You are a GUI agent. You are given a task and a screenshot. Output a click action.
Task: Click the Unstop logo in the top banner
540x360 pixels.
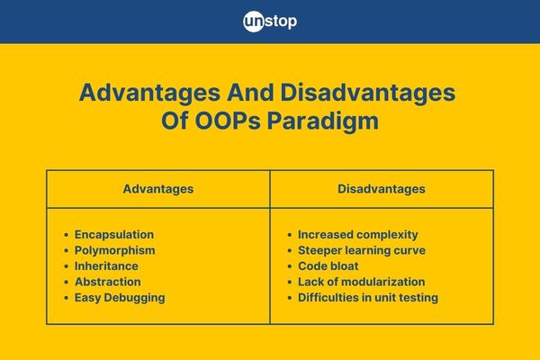tap(270, 22)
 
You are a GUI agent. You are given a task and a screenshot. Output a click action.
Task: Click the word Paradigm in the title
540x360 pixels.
tap(323, 121)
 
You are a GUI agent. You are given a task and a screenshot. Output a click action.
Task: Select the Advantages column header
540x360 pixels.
tap(158, 189)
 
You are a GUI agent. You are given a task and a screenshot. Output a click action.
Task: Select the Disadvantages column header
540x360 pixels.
tap(382, 189)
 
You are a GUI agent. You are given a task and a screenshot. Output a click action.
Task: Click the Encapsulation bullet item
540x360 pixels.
tap(114, 235)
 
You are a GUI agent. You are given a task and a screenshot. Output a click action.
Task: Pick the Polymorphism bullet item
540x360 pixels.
tap(114, 250)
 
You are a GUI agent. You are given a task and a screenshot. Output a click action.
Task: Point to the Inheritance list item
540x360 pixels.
tap(106, 266)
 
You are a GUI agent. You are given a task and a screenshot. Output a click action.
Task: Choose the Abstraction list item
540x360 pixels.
tap(107, 282)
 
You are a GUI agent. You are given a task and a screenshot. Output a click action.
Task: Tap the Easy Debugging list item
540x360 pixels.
tap(120, 298)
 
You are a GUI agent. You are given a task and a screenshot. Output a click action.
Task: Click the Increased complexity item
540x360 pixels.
tap(358, 235)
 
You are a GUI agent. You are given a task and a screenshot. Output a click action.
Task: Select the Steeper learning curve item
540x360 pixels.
tap(362, 250)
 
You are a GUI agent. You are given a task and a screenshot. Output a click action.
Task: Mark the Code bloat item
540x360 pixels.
tap(328, 266)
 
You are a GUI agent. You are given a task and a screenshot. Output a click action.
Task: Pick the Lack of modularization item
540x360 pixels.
tap(361, 282)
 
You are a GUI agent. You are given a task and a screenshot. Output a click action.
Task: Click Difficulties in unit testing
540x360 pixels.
tap(368, 298)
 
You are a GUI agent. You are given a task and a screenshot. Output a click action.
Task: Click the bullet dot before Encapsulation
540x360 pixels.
tap(66, 235)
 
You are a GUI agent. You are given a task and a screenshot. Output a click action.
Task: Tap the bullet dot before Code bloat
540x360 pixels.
tap(290, 266)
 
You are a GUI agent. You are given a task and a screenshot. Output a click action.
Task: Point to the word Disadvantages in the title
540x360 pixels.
tap(368, 94)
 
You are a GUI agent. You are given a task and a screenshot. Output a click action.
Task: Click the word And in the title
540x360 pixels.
tap(250, 93)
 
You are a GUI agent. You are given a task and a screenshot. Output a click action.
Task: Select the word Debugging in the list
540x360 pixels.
tap(134, 298)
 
